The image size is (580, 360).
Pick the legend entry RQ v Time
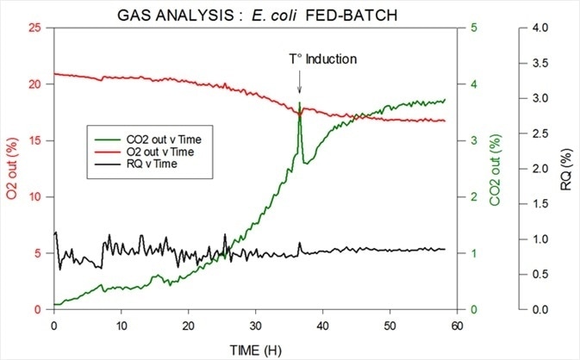[x=156, y=164]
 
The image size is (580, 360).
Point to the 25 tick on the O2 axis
[x=35, y=28]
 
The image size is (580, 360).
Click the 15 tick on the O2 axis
[x=35, y=140]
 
